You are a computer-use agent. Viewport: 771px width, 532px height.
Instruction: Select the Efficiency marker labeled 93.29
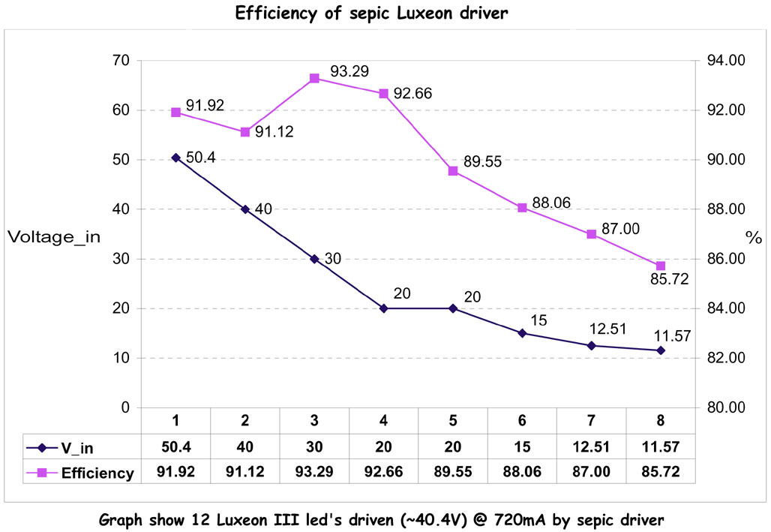click(x=314, y=78)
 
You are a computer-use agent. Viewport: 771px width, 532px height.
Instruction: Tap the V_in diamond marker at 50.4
click(x=175, y=158)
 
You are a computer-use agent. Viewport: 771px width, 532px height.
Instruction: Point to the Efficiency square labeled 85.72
click(x=661, y=266)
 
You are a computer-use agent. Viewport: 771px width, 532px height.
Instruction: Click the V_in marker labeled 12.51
click(x=592, y=346)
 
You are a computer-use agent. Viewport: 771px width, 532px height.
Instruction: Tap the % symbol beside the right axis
click(x=753, y=239)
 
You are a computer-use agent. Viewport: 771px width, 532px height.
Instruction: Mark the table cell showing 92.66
click(x=383, y=472)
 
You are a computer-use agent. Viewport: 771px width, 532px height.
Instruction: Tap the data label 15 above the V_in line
click(x=538, y=320)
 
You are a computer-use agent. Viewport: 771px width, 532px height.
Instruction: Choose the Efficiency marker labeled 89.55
click(x=453, y=171)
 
